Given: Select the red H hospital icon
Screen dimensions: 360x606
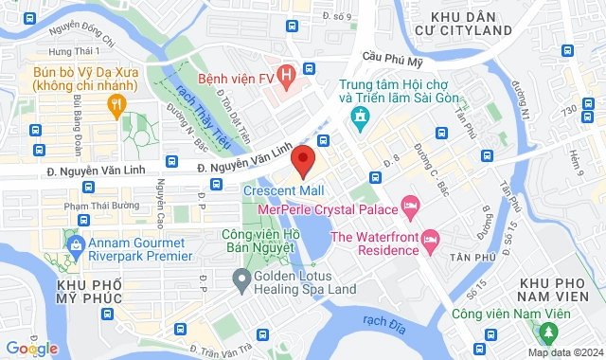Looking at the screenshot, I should coord(309,71).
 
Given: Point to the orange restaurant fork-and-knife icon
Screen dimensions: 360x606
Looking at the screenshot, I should coord(116,106).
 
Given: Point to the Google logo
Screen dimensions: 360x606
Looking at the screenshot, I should coord(32,349).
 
